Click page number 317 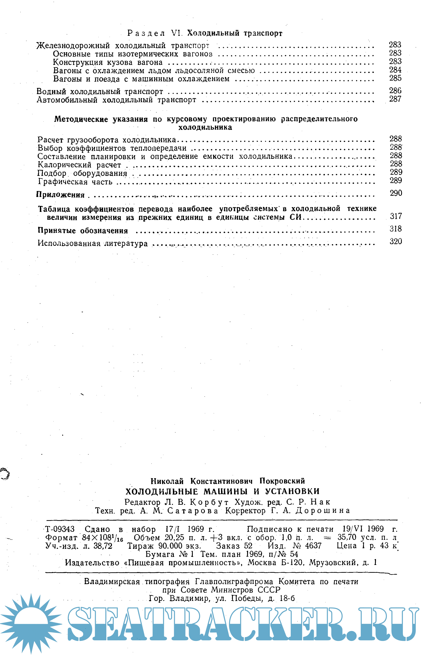pyautogui.click(x=396, y=216)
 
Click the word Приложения pyautogui.click(x=60, y=195)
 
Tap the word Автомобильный pyautogui.click(x=67, y=100)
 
